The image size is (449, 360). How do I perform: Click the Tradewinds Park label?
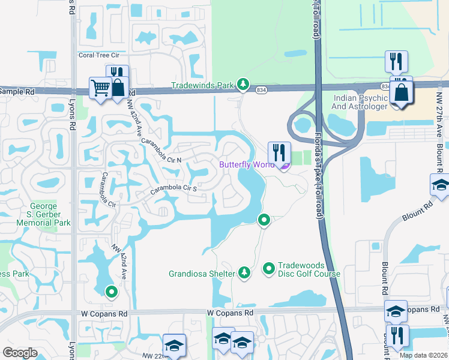pos(202,86)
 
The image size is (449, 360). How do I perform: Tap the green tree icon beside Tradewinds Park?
pos(243,85)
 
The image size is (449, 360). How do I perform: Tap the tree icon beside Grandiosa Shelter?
pos(244,274)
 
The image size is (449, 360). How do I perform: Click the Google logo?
pos(20,352)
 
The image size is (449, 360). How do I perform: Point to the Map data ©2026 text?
pos(423,355)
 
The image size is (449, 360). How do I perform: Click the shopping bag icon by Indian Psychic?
pos(400,93)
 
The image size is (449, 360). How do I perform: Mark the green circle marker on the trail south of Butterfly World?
pos(263,220)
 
